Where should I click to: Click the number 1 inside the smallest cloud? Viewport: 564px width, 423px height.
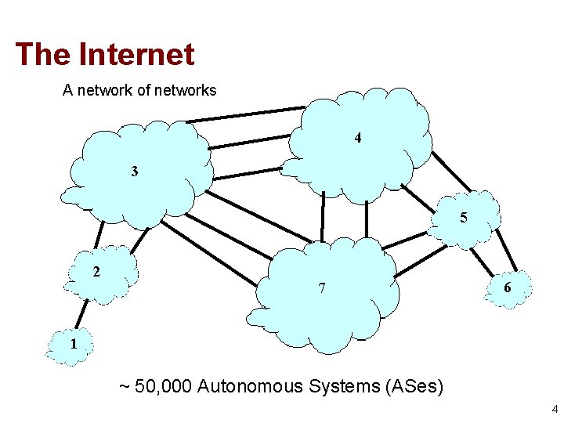click(73, 343)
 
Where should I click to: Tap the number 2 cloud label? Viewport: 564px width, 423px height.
click(96, 273)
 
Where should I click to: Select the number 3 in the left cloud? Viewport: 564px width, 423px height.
click(135, 171)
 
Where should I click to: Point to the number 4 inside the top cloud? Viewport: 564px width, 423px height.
click(357, 139)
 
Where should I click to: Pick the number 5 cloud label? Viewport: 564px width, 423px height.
click(464, 219)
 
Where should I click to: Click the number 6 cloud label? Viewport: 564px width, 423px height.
click(508, 288)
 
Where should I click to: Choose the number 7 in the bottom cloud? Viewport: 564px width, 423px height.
click(322, 288)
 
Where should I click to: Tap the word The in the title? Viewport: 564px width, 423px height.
click(42, 54)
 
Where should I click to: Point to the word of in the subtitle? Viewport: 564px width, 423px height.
click(143, 90)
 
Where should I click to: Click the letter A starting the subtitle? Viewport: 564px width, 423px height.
click(67, 90)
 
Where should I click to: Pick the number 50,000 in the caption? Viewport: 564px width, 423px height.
click(164, 386)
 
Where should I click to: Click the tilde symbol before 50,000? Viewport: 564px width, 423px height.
click(124, 387)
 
